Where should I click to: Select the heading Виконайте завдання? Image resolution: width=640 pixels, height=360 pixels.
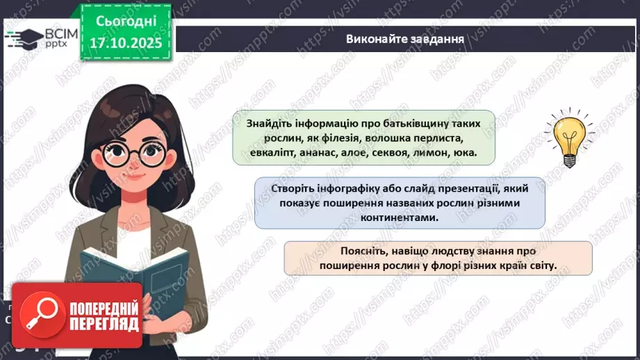click(405, 38)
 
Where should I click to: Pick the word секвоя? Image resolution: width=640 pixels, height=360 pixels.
click(395, 153)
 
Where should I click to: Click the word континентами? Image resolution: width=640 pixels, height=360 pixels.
click(400, 218)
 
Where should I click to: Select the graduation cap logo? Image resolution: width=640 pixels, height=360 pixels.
click(21, 36)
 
